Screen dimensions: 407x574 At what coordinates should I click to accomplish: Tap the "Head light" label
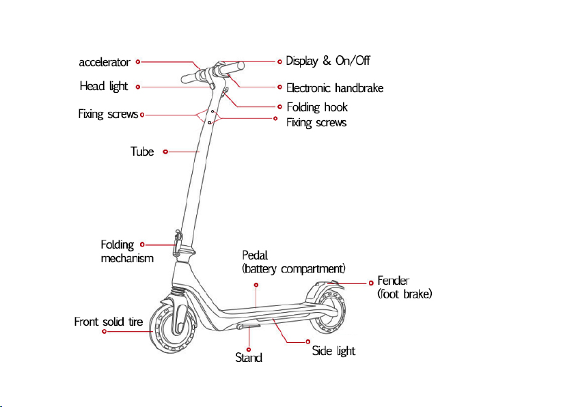(x=104, y=87)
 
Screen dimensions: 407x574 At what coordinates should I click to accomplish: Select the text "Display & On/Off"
(x=328, y=61)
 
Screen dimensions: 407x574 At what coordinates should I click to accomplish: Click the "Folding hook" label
(x=317, y=107)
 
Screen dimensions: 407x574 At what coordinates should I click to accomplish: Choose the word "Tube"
(x=142, y=151)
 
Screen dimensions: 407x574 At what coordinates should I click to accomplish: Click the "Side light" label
(x=333, y=351)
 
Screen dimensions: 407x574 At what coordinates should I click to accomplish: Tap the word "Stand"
(x=249, y=357)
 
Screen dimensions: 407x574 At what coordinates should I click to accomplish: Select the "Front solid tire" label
(x=112, y=321)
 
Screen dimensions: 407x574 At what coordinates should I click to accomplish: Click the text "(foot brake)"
(x=405, y=294)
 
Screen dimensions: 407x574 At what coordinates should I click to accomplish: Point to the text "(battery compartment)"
(x=294, y=268)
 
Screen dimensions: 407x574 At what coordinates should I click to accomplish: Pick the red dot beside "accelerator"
(x=138, y=61)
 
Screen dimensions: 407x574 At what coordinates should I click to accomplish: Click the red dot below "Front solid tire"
(x=105, y=331)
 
